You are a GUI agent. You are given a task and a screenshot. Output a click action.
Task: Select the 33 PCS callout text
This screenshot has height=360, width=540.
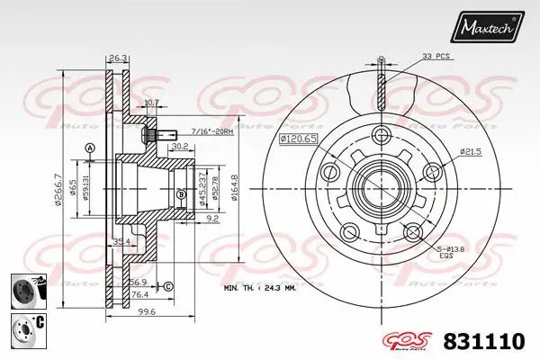click(x=438, y=57)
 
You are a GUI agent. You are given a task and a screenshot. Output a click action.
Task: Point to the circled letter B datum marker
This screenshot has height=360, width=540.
click(x=180, y=194)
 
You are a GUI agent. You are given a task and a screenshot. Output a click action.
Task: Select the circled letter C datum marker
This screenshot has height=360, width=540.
click(x=167, y=287)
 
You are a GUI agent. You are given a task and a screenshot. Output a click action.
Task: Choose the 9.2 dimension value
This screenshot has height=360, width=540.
click(x=211, y=217)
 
